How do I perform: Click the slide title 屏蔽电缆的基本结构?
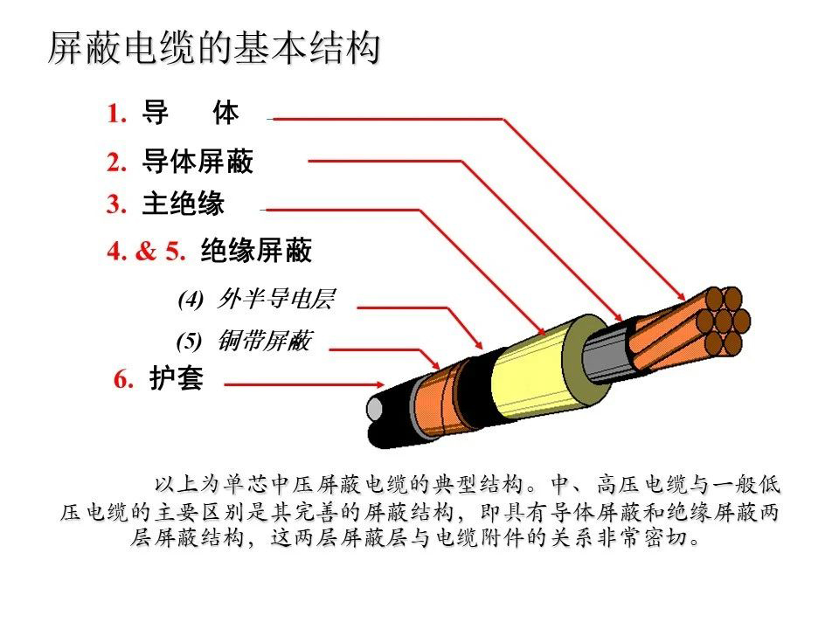(x=214, y=49)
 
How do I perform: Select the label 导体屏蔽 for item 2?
(x=198, y=162)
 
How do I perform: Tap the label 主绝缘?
(x=184, y=204)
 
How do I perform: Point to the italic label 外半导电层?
(x=276, y=300)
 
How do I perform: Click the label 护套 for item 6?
(x=177, y=381)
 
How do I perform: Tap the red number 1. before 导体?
(x=118, y=114)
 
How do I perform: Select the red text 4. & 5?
(x=147, y=252)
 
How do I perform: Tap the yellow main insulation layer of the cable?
(x=524, y=370)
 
